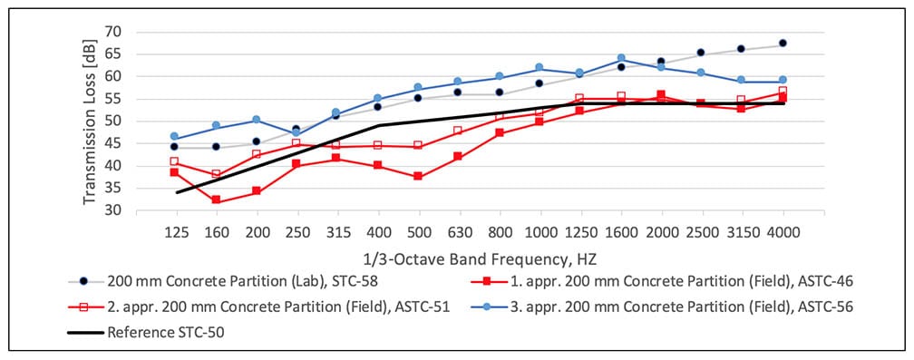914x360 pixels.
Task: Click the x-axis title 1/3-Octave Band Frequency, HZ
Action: click(480, 257)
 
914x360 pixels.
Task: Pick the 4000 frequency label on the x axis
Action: click(783, 232)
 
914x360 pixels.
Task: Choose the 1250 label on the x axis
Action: click(580, 232)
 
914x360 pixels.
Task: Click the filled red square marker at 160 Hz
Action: click(216, 200)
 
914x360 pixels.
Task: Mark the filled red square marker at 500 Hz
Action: click(418, 177)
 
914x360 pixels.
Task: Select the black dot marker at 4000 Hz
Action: click(783, 44)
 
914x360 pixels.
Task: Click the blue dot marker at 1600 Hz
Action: click(621, 59)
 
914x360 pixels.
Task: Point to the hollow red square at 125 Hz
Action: click(175, 161)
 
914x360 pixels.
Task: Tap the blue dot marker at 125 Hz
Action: click(175, 137)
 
